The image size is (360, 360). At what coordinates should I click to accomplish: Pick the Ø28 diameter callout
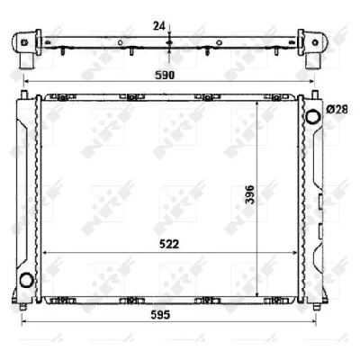coord(337,109)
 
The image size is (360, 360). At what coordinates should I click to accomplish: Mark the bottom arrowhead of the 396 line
coord(259,295)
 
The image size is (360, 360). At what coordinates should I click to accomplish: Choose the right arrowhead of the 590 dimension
coord(312,85)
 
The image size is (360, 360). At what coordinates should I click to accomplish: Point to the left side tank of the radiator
coord(25,198)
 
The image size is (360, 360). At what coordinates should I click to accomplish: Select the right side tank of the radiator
coord(310,198)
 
